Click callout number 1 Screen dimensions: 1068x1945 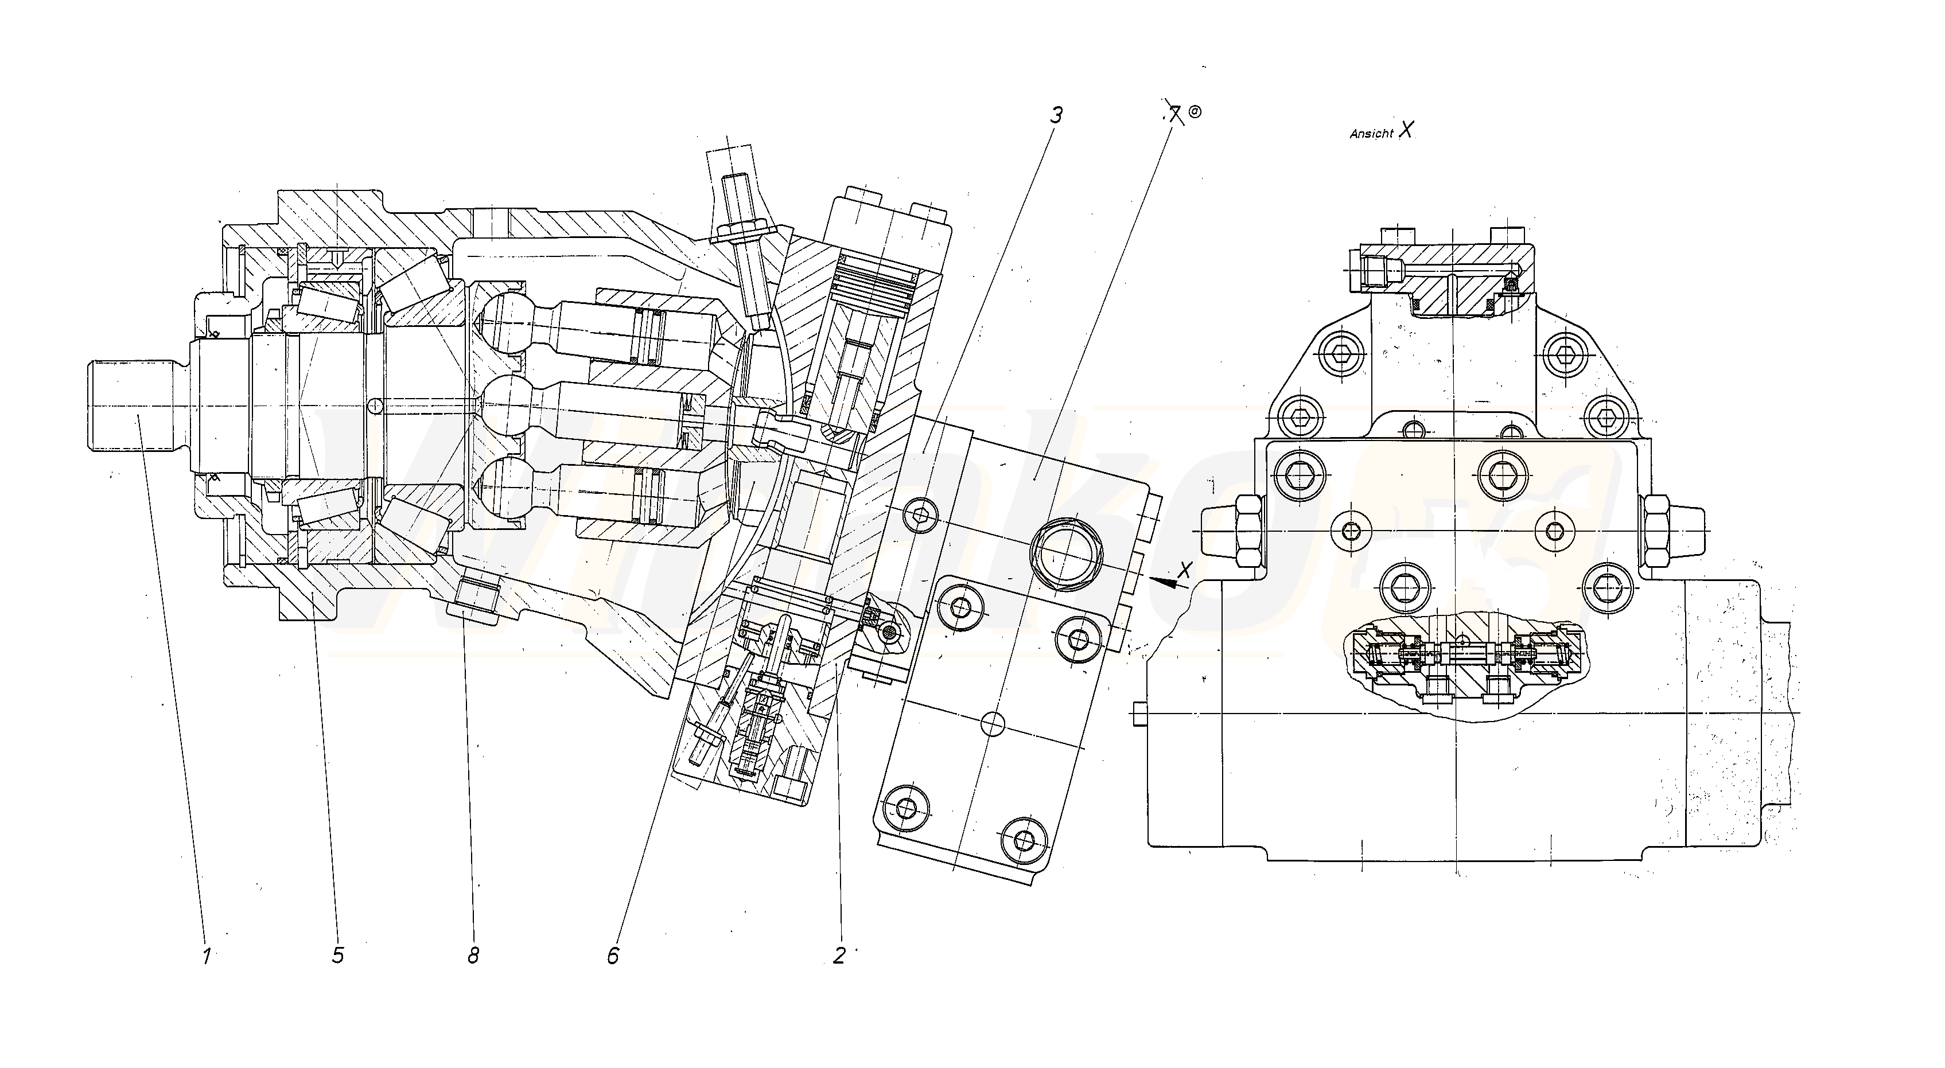[x=206, y=956]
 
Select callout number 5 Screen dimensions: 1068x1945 [x=337, y=956]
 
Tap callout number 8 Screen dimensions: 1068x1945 [x=473, y=956]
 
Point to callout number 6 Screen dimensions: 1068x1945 [x=613, y=956]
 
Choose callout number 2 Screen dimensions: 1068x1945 [x=839, y=956]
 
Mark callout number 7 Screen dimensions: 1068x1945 [x=1173, y=115]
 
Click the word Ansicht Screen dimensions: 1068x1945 [x=1371, y=134]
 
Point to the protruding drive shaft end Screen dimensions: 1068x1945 [x=132, y=406]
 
